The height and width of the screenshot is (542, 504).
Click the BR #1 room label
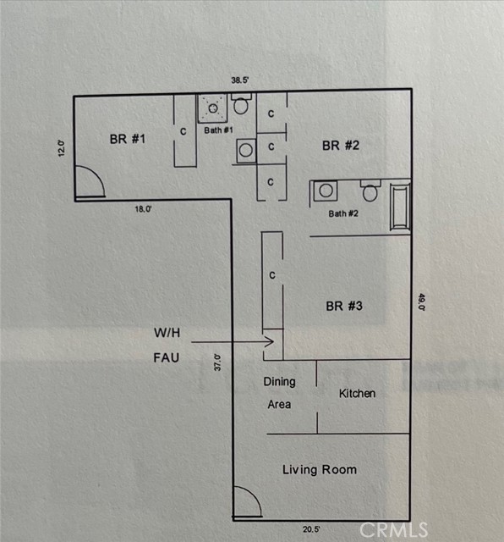pyautogui.click(x=128, y=139)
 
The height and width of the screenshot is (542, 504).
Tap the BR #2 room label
pyautogui.click(x=341, y=146)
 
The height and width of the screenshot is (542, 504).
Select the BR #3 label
pyautogui.click(x=344, y=306)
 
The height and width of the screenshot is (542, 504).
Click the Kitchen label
pyautogui.click(x=358, y=393)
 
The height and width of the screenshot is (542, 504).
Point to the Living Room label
pyautogui.click(x=320, y=470)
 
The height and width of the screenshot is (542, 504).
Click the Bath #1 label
pyautogui.click(x=218, y=130)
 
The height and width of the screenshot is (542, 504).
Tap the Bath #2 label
pyautogui.click(x=343, y=213)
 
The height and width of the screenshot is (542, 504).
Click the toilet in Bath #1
pyautogui.click(x=241, y=103)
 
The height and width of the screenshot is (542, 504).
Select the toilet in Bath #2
pyautogui.click(x=370, y=191)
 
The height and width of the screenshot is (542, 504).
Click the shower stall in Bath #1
pyautogui.click(x=212, y=108)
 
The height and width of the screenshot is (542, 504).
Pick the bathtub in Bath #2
pyautogui.click(x=400, y=207)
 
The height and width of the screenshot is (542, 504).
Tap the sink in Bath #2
pyautogui.click(x=326, y=191)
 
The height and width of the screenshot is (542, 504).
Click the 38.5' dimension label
pyautogui.click(x=240, y=80)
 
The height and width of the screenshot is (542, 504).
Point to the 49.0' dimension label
pyautogui.click(x=422, y=301)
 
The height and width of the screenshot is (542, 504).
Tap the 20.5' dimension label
pyautogui.click(x=311, y=529)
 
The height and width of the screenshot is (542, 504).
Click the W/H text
pyautogui.click(x=167, y=333)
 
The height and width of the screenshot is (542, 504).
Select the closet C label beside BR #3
pyautogui.click(x=272, y=275)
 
